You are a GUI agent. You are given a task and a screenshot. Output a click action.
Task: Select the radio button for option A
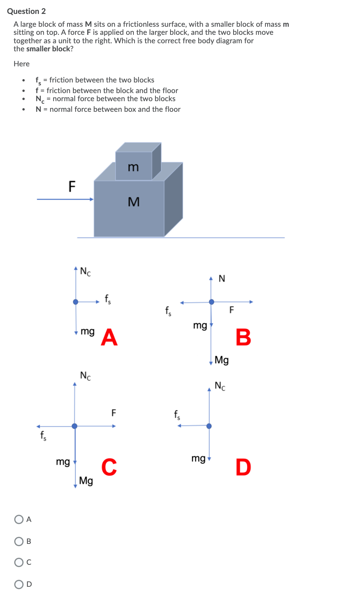(x=19, y=519)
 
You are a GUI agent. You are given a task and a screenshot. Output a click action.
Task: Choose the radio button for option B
(x=19, y=541)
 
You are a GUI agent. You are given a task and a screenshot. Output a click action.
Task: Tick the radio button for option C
(x=19, y=562)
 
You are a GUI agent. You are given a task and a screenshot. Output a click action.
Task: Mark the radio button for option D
(x=19, y=584)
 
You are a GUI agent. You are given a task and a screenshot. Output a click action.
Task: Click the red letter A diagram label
(x=109, y=337)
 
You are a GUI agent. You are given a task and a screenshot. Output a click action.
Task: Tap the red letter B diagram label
(x=243, y=337)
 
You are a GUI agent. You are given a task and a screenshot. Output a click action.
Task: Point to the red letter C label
(x=109, y=467)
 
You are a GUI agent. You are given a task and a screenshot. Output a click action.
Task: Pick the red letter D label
(x=243, y=467)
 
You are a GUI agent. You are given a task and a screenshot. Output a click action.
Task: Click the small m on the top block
(x=133, y=167)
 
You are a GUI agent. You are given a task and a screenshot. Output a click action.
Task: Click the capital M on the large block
(x=134, y=202)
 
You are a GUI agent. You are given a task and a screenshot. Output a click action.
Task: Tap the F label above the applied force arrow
(x=72, y=187)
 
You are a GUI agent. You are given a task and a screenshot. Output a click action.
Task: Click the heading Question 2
(x=26, y=11)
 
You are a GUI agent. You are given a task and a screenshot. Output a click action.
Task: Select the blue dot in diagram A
(x=76, y=302)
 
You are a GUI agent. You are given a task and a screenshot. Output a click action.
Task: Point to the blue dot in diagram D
(x=209, y=426)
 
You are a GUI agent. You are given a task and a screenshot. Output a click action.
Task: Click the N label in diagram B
(x=222, y=279)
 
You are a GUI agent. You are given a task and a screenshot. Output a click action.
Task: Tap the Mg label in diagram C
(x=86, y=480)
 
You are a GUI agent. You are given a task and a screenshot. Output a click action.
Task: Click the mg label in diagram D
(x=198, y=458)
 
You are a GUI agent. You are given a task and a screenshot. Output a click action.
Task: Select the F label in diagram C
(x=114, y=413)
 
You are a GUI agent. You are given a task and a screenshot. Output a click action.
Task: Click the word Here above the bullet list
(x=22, y=64)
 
